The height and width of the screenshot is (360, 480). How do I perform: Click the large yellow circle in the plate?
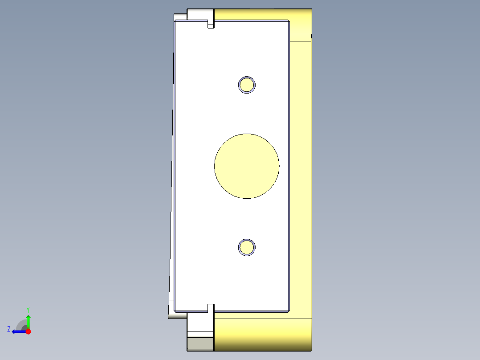pyautogui.click(x=247, y=166)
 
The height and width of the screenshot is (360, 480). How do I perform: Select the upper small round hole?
pyautogui.click(x=247, y=85)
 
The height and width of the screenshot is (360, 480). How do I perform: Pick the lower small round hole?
pyautogui.click(x=247, y=247)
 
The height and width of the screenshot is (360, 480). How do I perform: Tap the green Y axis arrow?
pyautogui.click(x=28, y=320)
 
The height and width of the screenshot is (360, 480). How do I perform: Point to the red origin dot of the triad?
pyautogui.click(x=28, y=331)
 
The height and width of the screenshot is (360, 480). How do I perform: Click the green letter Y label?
pyautogui.click(x=28, y=309)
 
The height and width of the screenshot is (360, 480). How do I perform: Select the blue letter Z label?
pyautogui.click(x=9, y=329)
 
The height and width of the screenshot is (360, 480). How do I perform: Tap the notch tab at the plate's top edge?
pyautogui.click(x=211, y=24)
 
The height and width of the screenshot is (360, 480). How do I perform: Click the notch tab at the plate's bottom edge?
pyautogui.click(x=211, y=307)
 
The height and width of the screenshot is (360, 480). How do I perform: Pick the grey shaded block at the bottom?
pyautogui.click(x=200, y=343)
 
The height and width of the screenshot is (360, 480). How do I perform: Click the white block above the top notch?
pyautogui.click(x=200, y=14)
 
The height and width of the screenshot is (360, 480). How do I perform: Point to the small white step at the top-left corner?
pyautogui.click(x=180, y=17)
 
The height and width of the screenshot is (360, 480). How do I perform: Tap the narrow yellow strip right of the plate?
pyautogui.click(x=301, y=178)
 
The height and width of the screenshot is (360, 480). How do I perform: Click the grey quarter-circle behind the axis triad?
pyautogui.click(x=21, y=324)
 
